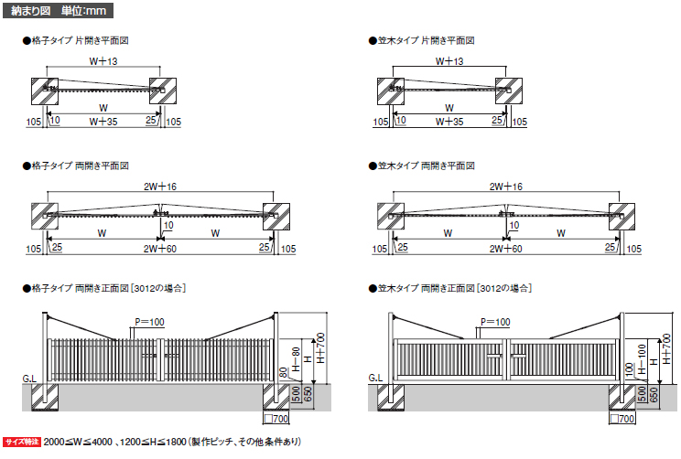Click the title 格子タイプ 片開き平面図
tap(85, 41)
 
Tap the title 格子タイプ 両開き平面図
tap(85, 166)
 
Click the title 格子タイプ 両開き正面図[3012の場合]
tap(109, 289)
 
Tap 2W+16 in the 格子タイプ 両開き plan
tap(161, 187)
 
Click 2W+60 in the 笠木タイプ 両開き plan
tap(505, 248)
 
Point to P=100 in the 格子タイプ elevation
tap(149, 321)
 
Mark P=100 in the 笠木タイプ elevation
tap(495, 321)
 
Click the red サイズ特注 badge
tap(22, 442)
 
